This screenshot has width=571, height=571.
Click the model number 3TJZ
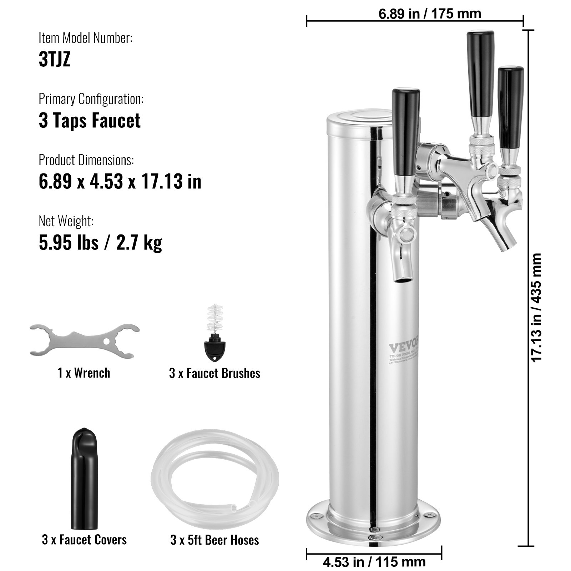pyautogui.click(x=55, y=59)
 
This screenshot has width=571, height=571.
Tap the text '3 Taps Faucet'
pyautogui.click(x=90, y=120)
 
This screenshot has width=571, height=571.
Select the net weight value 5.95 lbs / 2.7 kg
pyautogui.click(x=100, y=242)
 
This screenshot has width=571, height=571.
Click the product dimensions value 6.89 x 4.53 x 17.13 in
pyautogui.click(x=120, y=181)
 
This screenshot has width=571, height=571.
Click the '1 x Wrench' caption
pyautogui.click(x=84, y=373)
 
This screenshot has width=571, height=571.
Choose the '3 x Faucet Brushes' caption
pyautogui.click(x=214, y=373)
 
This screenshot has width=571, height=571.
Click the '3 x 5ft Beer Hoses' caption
pyautogui.click(x=214, y=540)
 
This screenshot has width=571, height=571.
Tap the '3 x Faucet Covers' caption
pyautogui.click(x=84, y=539)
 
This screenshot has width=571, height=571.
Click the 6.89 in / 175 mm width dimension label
pyautogui.click(x=430, y=14)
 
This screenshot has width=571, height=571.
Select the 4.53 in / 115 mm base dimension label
pyautogui.click(x=374, y=562)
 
